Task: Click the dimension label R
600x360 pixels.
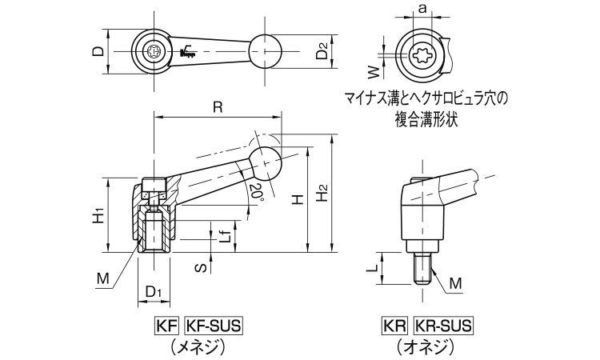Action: click(218, 107)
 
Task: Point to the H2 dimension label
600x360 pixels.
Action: click(322, 193)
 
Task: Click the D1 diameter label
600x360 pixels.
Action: click(154, 292)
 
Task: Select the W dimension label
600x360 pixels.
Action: click(376, 71)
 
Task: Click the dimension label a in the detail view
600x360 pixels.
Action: click(422, 9)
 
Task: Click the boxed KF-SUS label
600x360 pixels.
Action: click(214, 326)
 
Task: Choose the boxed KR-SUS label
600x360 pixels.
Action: click(443, 326)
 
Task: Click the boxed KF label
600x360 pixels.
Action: click(166, 326)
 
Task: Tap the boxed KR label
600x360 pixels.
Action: click(395, 326)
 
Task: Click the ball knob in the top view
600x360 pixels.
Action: click(266, 52)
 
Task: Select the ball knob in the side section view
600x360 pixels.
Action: click(265, 163)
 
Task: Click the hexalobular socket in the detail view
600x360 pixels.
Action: click(422, 56)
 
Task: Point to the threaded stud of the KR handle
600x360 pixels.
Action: click(423, 269)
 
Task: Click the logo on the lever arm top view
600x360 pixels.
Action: click(188, 52)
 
